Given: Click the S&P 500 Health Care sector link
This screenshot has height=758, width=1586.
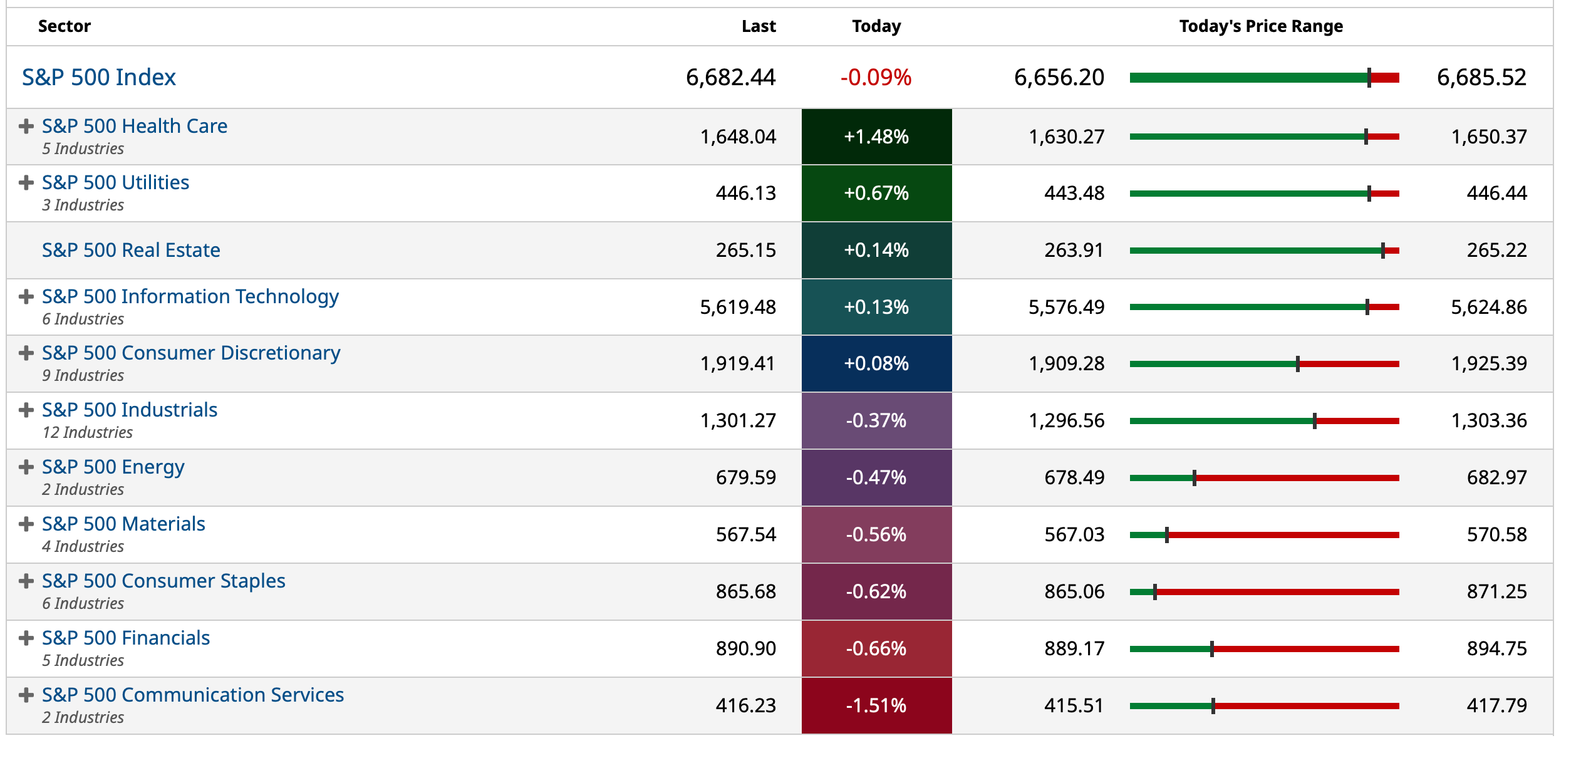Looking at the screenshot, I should [x=134, y=126].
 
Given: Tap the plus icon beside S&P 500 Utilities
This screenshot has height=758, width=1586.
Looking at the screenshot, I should [x=26, y=183].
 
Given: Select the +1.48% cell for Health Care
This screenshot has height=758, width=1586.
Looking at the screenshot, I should [x=876, y=137].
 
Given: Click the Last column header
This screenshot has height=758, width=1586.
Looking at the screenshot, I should [x=758, y=26].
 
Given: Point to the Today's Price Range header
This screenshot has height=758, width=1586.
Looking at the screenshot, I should [x=1260, y=26].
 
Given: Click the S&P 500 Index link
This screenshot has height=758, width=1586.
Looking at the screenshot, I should [x=99, y=77].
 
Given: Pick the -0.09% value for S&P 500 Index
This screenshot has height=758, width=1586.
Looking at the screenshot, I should [x=875, y=77].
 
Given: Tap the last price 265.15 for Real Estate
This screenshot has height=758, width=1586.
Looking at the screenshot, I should [x=745, y=250].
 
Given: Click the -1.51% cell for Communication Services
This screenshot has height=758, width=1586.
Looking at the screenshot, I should [x=876, y=705].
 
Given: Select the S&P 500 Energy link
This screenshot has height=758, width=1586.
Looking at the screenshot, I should [x=113, y=467].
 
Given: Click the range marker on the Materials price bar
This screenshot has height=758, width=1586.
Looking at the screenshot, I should [x=1166, y=535].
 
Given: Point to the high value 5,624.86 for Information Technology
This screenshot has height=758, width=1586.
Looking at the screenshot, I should [x=1488, y=307].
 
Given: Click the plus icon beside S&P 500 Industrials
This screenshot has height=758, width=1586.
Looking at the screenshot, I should [x=26, y=410].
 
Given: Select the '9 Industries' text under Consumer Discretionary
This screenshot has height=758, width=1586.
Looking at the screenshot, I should [x=83, y=375].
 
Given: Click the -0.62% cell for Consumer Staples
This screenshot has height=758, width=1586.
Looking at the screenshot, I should [x=876, y=591].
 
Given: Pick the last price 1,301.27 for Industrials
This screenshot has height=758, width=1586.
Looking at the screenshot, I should [x=738, y=420].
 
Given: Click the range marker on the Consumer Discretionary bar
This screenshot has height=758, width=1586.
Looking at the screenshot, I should [x=1297, y=364].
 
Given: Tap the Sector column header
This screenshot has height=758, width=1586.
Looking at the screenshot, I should [x=64, y=26].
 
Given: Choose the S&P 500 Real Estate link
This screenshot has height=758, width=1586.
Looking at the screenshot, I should [x=131, y=250].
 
